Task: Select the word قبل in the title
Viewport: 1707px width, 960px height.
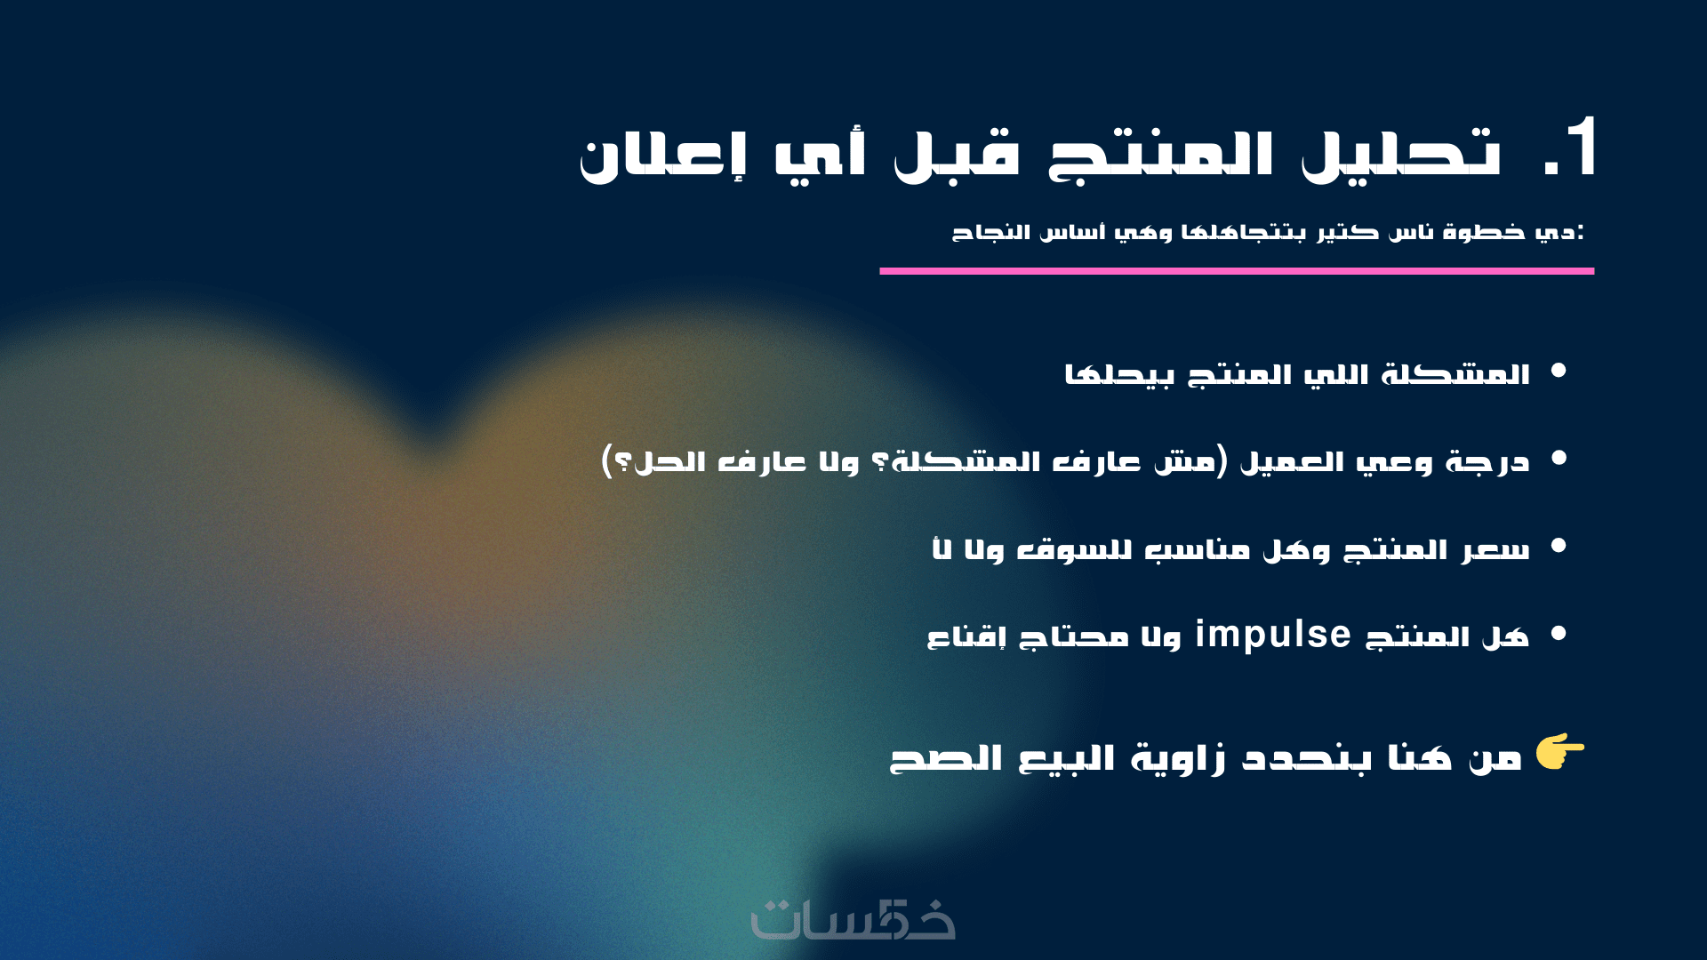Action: tap(957, 156)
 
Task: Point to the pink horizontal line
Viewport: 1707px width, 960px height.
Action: tap(1237, 271)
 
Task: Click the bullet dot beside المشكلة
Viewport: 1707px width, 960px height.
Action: tap(1559, 372)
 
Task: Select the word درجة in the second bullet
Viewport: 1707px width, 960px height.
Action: tap(1487, 462)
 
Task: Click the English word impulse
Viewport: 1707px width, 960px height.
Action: tap(1273, 635)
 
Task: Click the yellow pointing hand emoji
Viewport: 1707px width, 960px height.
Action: tap(1559, 751)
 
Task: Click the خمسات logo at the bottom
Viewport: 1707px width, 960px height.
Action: tap(853, 919)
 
